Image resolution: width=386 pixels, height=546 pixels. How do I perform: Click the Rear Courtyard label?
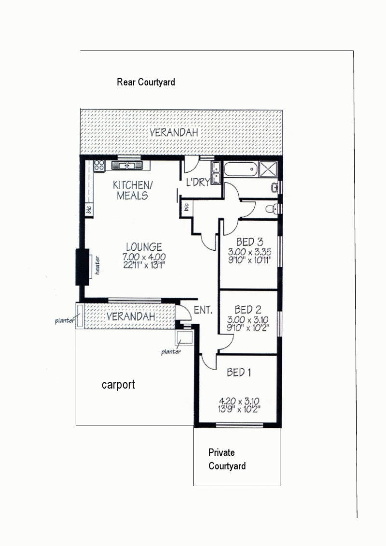(146, 82)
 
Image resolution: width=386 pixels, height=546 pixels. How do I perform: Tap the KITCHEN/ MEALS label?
(132, 190)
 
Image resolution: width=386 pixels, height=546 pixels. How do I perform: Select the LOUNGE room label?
(144, 247)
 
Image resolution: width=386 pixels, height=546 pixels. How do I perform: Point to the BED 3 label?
(249, 242)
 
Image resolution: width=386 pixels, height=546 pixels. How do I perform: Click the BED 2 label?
(248, 310)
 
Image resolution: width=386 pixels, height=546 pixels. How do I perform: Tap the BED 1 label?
(239, 372)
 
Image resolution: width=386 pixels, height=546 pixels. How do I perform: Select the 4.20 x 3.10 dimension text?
(239, 401)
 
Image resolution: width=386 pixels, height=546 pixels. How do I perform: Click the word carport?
(118, 385)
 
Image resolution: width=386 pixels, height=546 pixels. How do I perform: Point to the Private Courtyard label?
(227, 459)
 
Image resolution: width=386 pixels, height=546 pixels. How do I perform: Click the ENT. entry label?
(203, 310)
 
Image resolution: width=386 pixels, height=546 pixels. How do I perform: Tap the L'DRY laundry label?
(198, 182)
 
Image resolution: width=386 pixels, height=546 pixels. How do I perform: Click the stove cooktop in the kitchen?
(99, 165)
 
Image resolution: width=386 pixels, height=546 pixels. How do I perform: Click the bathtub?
(241, 170)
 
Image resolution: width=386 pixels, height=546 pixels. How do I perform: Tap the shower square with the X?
(268, 170)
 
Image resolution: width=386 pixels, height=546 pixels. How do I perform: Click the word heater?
(97, 265)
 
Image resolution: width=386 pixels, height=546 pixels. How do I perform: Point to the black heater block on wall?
(82, 267)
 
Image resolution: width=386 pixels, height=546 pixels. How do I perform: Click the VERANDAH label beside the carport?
(131, 316)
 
